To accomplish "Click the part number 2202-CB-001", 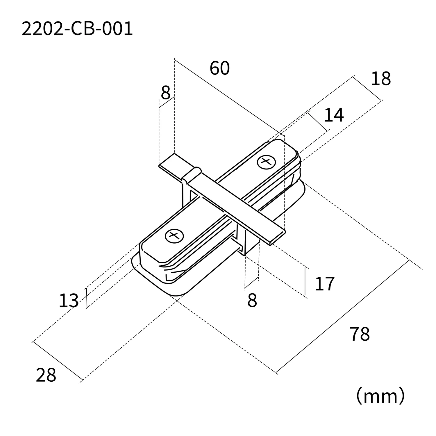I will pyautogui.click(x=77, y=29).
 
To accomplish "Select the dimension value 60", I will pyautogui.click(x=219, y=68).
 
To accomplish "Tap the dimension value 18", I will pyautogui.click(x=380, y=79).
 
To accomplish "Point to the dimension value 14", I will pyautogui.click(x=334, y=115).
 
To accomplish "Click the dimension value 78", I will pyautogui.click(x=360, y=334).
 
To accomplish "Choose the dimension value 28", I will pyautogui.click(x=46, y=375).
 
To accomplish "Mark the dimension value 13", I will pyautogui.click(x=69, y=301).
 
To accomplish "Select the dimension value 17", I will pyautogui.click(x=325, y=284).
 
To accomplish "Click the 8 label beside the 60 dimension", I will pyautogui.click(x=165, y=93).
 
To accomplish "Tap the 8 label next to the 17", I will pyautogui.click(x=252, y=301).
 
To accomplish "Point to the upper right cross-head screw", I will pyautogui.click(x=266, y=162).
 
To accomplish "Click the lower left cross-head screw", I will pyautogui.click(x=174, y=235).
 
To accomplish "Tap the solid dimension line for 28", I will pyautogui.click(x=58, y=361).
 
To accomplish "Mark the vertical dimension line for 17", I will pyautogui.click(x=305, y=281).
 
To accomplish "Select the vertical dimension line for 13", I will pyautogui.click(x=87, y=298).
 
